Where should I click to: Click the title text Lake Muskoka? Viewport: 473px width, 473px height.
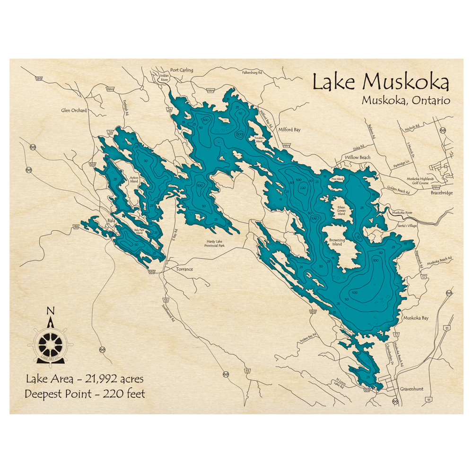(381, 82)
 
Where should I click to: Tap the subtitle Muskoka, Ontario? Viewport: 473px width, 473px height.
(406, 100)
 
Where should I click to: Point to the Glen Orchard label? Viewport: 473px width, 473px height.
(74, 111)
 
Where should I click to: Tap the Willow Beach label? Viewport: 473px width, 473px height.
(358, 157)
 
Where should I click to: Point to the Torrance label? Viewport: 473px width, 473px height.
(184, 269)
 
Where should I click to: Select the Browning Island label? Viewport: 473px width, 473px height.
(337, 243)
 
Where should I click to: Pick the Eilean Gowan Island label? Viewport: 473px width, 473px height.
(341, 210)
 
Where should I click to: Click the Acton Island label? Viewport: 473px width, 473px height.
(134, 179)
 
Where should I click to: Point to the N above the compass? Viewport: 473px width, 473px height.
(50, 311)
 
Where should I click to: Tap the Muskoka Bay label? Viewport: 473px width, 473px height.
(415, 318)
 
